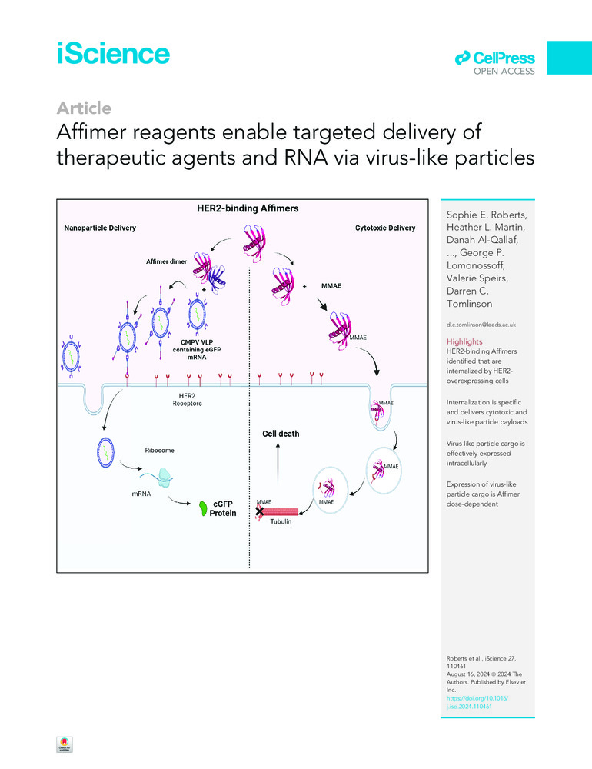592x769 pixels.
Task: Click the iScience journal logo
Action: [113, 54]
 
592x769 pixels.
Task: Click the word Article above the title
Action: [85, 108]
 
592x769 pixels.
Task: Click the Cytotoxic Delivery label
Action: [386, 228]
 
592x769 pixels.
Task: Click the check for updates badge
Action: [64, 747]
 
